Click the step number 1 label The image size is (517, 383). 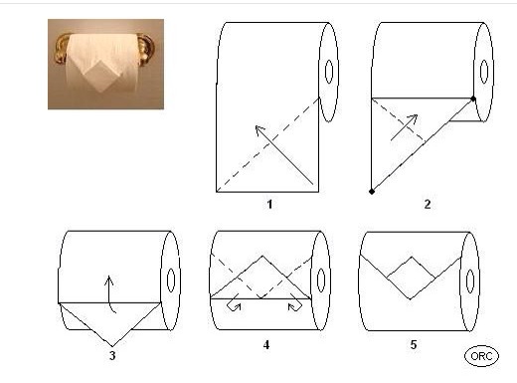[x=269, y=204]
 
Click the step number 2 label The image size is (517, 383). [x=428, y=204]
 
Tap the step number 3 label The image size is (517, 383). [x=112, y=355]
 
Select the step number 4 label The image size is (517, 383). [x=266, y=345]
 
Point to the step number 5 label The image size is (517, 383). [x=414, y=344]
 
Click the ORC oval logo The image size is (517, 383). [x=481, y=356]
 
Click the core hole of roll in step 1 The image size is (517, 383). [x=329, y=72]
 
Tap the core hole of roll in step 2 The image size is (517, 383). [x=484, y=72]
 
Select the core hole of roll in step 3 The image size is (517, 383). [x=171, y=281]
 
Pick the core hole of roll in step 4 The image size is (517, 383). [x=321, y=281]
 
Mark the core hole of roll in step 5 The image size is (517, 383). [x=470, y=282]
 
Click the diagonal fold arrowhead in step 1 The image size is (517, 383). [x=259, y=130]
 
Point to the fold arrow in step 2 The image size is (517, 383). [x=404, y=127]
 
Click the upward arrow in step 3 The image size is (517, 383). [x=109, y=293]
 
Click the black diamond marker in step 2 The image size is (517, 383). [x=372, y=191]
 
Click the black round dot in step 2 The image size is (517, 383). [x=473, y=98]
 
